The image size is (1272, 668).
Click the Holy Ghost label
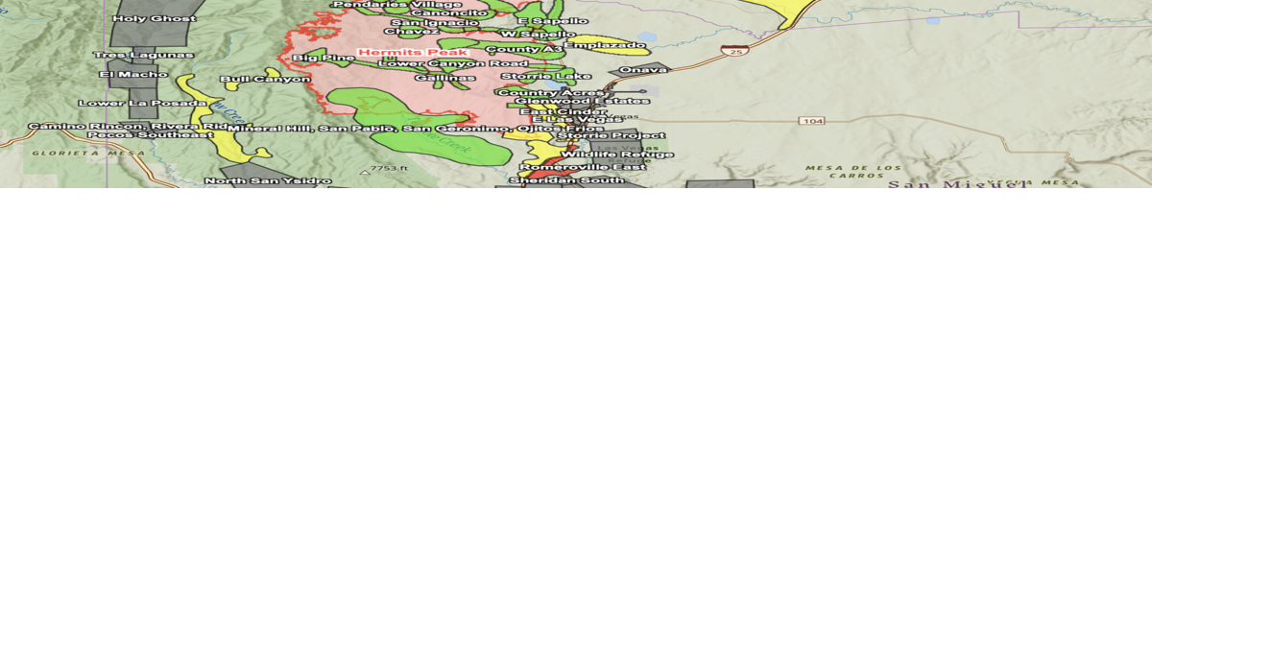click(x=154, y=18)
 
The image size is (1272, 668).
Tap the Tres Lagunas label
click(x=144, y=55)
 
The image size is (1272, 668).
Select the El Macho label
click(x=133, y=74)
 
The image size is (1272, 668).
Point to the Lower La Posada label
click(x=142, y=103)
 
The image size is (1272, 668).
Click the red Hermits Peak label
click(x=413, y=52)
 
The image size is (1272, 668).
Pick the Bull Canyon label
click(x=265, y=79)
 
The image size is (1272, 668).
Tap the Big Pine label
click(x=324, y=58)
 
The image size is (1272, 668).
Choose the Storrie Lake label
click(x=545, y=76)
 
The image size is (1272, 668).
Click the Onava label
click(x=643, y=69)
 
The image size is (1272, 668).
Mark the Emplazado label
click(x=605, y=44)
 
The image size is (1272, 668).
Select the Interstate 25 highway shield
click(x=734, y=50)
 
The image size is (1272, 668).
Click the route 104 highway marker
click(x=812, y=120)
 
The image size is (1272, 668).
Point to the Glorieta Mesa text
click(x=75, y=153)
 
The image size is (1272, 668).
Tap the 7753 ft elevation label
click(x=389, y=168)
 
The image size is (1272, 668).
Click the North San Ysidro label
click(x=268, y=180)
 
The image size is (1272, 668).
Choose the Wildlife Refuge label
click(x=616, y=154)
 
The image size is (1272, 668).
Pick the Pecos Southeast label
click(x=150, y=135)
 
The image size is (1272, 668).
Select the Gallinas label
click(x=444, y=77)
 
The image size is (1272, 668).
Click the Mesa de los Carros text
click(x=853, y=172)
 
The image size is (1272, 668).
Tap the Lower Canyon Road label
click(x=452, y=63)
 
